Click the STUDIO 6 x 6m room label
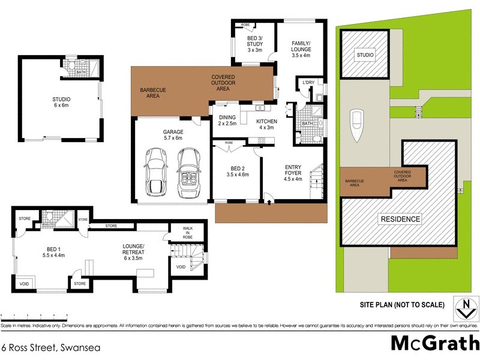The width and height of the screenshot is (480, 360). tap(61, 103)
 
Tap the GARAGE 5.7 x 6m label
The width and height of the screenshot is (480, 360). tap(172, 134)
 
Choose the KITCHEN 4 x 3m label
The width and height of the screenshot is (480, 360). tap(266, 124)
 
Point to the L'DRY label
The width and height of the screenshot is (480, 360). tap(308, 82)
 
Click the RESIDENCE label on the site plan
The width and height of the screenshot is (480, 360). tap(400, 219)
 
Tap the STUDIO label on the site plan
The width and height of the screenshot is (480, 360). tap(365, 55)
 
